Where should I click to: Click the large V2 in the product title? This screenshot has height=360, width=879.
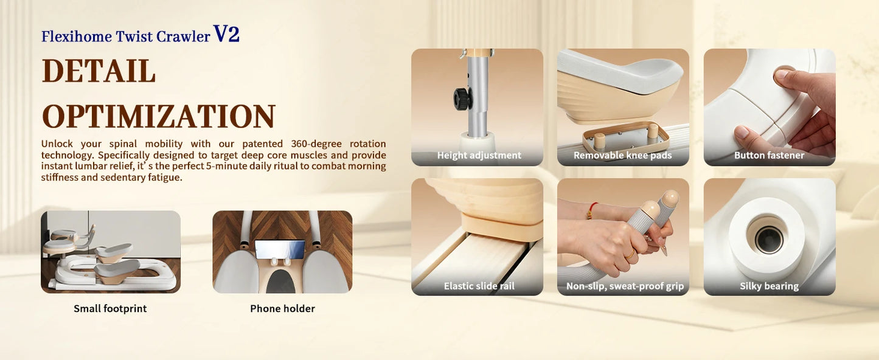tap(226, 33)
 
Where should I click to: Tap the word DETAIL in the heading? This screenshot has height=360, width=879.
tap(99, 71)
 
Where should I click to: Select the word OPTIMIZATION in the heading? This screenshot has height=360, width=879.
tap(159, 117)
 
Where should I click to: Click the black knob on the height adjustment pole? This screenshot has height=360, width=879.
tap(463, 99)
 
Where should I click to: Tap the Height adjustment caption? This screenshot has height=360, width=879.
tap(479, 155)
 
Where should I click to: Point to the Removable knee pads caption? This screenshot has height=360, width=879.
tap(623, 155)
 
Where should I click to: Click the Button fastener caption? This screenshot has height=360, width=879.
tap(769, 155)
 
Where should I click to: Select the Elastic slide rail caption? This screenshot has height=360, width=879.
tap(479, 286)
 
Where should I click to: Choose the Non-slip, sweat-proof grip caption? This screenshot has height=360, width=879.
tap(625, 286)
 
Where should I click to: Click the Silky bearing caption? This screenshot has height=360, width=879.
tap(769, 286)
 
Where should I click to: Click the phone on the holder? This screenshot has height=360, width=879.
tap(280, 249)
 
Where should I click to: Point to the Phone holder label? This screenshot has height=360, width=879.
tap(282, 309)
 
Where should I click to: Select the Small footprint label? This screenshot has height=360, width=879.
tap(110, 309)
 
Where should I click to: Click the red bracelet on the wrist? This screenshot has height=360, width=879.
tap(591, 211)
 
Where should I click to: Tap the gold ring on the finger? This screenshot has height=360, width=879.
tap(631, 255)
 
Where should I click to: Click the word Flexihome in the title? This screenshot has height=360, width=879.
tap(77, 36)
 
